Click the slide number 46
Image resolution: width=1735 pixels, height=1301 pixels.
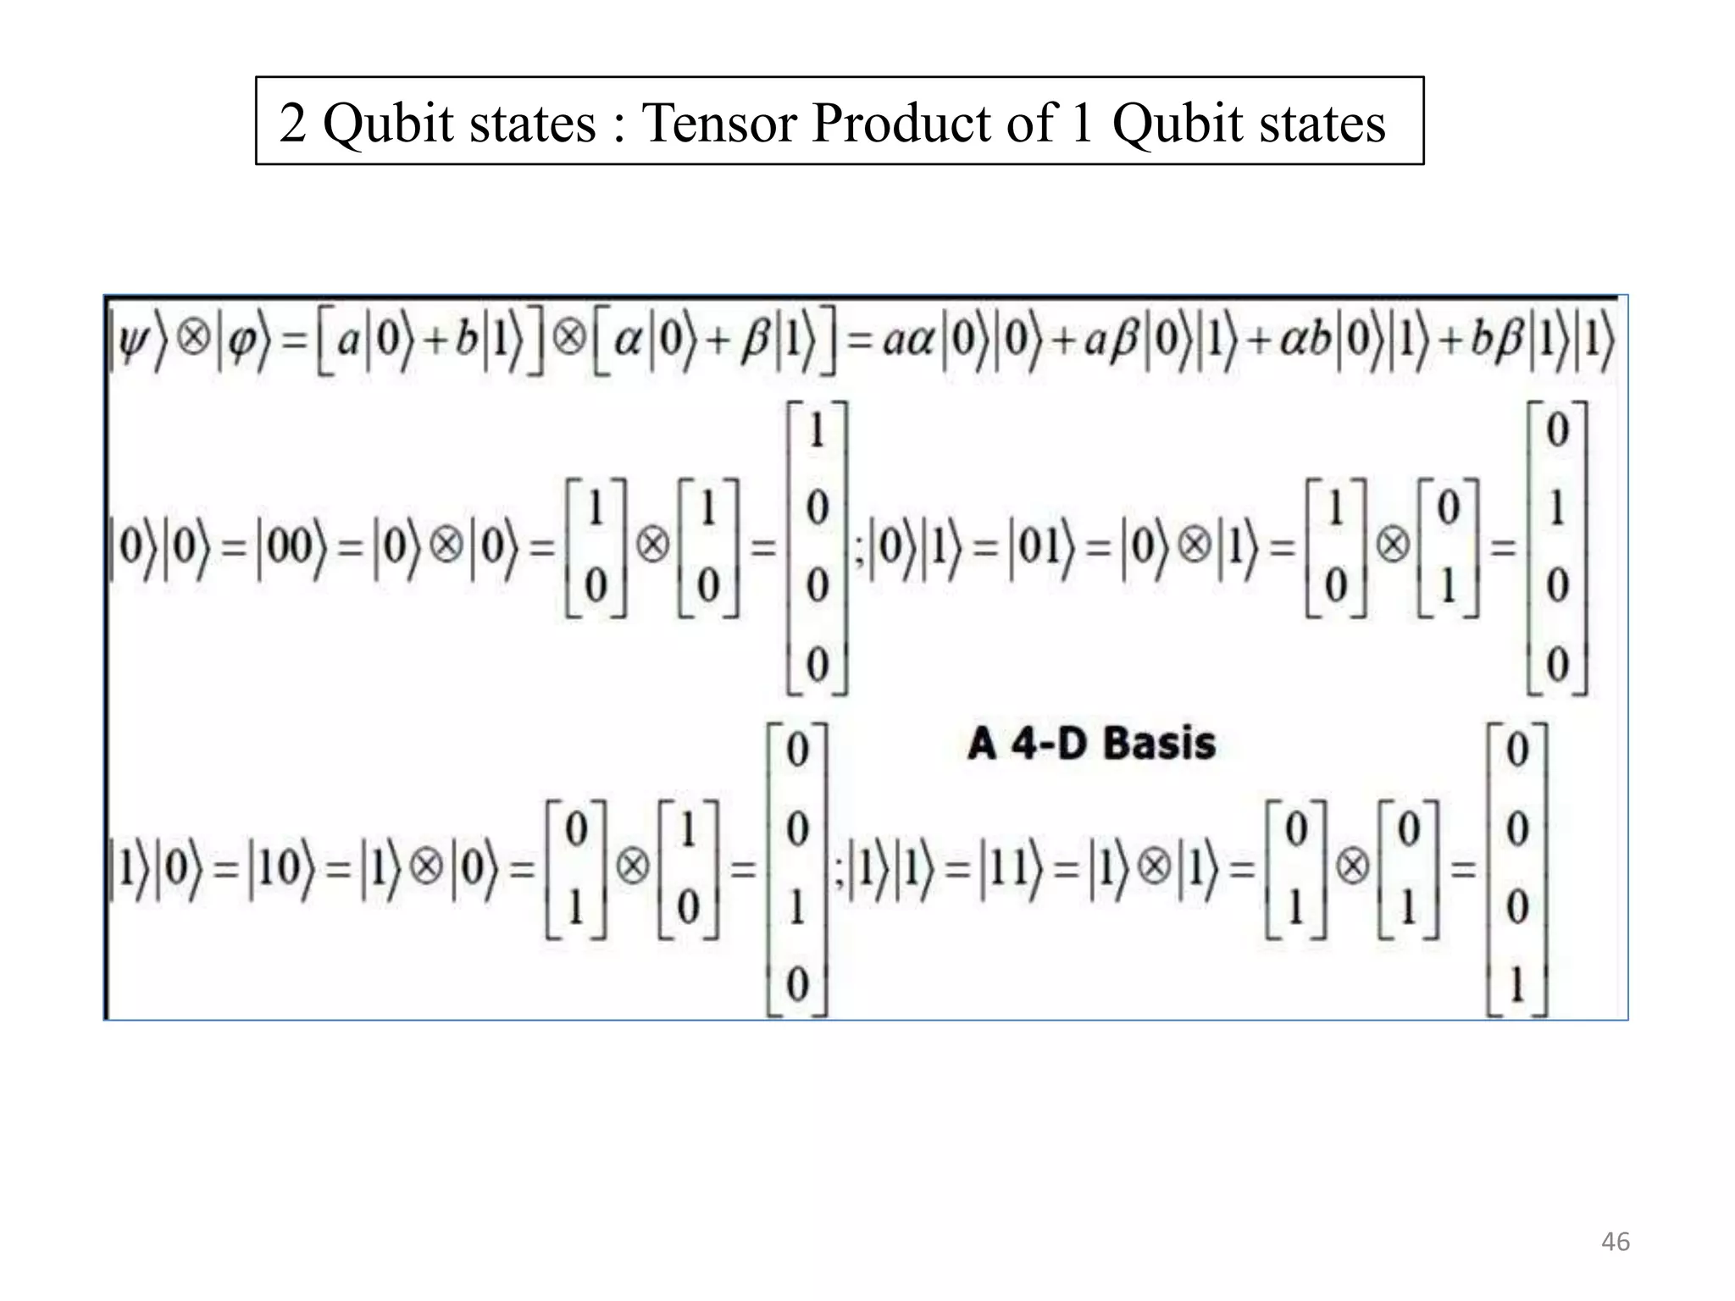click(x=1615, y=1242)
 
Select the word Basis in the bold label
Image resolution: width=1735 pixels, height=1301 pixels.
click(x=1160, y=744)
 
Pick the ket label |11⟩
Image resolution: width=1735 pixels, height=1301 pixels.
click(x=1015, y=869)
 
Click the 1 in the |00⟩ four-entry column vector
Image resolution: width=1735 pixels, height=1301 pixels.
click(x=817, y=431)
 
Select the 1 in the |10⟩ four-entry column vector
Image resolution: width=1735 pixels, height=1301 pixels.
click(x=796, y=907)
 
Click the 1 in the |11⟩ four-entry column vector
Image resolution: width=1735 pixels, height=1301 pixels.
click(x=1516, y=985)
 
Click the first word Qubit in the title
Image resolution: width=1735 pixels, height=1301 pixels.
click(x=389, y=123)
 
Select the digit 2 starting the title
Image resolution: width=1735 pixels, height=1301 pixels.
click(x=292, y=123)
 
